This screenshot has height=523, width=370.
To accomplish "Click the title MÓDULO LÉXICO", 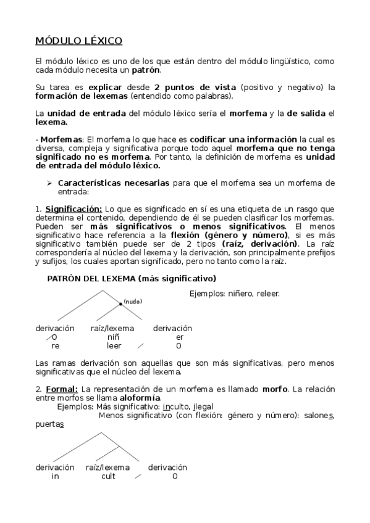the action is tap(78, 41).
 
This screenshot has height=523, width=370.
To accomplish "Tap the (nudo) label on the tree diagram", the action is tap(133, 301).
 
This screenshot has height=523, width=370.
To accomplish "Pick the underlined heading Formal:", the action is tap(61, 389).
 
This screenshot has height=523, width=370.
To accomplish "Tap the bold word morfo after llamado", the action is tap(275, 389).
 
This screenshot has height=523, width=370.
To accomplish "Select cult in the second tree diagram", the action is tap(108, 476).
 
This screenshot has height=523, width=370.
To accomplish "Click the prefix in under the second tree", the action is tap(55, 476).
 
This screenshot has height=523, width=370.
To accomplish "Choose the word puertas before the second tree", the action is tap(49, 424).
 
